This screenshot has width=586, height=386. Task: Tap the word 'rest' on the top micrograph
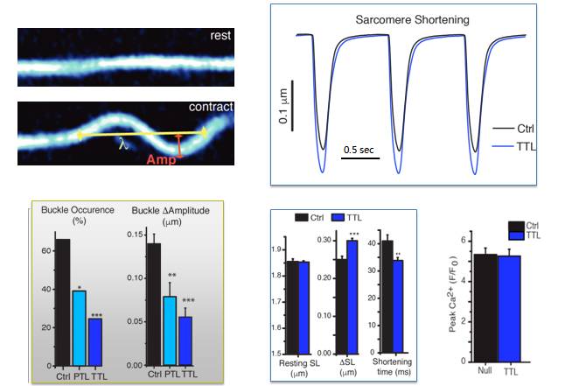[220, 36]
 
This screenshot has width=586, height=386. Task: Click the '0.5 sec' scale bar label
[358, 149]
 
